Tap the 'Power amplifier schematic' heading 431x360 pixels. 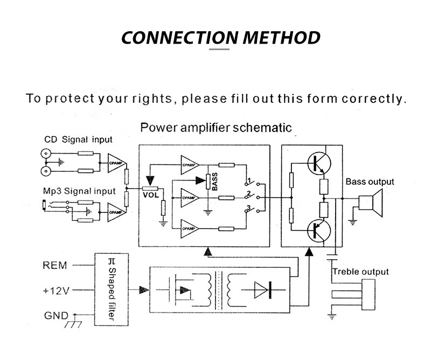click(215, 128)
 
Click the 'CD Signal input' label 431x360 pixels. click(78, 140)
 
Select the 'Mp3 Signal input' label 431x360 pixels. click(79, 191)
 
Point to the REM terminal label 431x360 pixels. click(55, 265)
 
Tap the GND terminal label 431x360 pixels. click(55, 316)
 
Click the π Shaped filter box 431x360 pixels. click(112, 289)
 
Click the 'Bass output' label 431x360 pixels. click(370, 182)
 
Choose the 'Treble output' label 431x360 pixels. click(360, 272)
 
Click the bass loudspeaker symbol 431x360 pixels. click(370, 202)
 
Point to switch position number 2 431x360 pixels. click(249, 193)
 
